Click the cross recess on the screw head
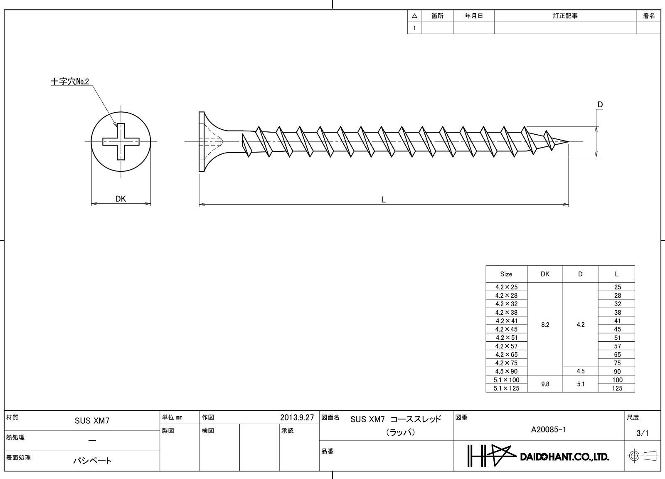point(121,142)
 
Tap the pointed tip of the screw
point(568,142)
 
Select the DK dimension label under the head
point(121,199)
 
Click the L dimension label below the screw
point(383,200)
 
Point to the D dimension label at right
point(600,104)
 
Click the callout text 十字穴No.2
point(70,81)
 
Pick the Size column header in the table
point(506,274)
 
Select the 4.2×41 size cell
point(507,321)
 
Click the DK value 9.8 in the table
point(545,384)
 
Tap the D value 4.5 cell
point(580,371)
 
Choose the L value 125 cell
point(617,388)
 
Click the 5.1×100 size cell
point(507,380)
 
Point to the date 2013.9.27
point(297,417)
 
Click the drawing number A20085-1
point(549,430)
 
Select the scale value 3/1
point(643,433)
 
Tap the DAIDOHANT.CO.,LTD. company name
point(564,457)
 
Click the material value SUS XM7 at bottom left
point(92,420)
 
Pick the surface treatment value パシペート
point(92,461)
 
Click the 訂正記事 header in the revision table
point(565,16)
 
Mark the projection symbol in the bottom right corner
point(642,456)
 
